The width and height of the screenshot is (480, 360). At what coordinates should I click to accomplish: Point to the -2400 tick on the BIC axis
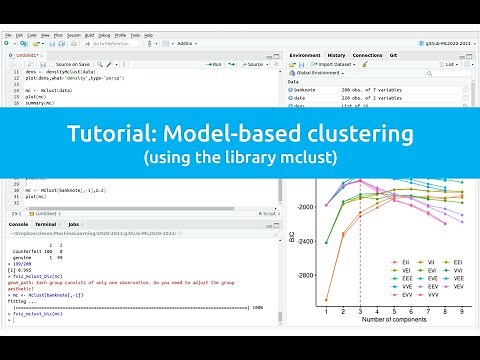pos(305,240)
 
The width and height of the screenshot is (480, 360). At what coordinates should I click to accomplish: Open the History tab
pos(337,55)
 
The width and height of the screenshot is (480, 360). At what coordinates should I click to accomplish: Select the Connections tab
pos(367,55)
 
